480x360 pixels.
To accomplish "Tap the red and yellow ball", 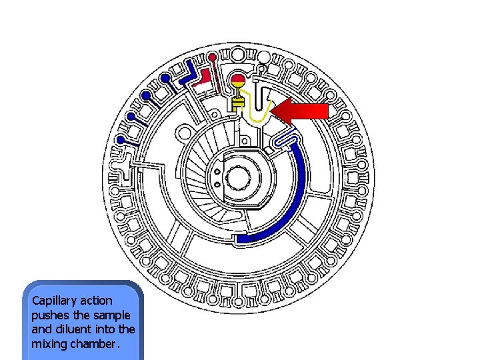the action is (238, 82).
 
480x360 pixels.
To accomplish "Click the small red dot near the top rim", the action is (212, 57).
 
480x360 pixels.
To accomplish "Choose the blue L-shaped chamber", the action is (186, 75).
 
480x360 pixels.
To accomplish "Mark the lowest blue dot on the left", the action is (121, 139).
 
